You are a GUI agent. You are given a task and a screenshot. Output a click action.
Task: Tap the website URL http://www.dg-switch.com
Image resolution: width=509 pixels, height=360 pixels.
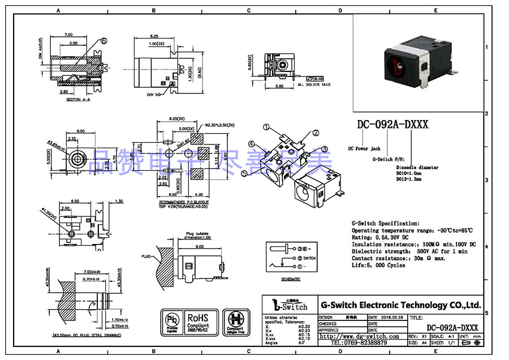coord(359,336)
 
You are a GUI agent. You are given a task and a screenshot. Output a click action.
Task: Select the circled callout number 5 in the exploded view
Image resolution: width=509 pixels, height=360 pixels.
coord(244,173)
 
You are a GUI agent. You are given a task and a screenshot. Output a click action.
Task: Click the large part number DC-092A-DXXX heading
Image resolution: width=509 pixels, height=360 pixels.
coord(392,125)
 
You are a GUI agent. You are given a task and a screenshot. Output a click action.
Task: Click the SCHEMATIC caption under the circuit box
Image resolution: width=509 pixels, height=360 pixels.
coord(291,279)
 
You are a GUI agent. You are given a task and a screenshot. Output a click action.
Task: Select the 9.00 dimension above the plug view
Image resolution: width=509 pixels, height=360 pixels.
coord(199,247)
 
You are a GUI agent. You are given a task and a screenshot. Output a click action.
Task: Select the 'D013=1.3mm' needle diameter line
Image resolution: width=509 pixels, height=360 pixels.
coord(409,178)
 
